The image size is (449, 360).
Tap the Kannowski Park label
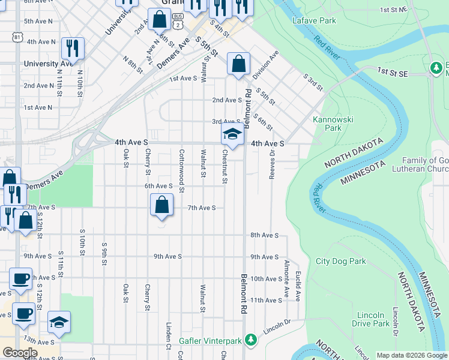(x=327, y=124)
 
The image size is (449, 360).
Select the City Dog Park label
(x=341, y=261)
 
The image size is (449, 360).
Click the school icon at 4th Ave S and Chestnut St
(x=232, y=135)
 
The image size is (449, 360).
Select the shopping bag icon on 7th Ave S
(x=162, y=205)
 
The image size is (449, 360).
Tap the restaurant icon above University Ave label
(x=73, y=48)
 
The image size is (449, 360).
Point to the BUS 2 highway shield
(x=177, y=22)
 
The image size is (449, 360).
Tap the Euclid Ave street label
(x=298, y=286)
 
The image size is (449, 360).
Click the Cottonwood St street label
(x=181, y=168)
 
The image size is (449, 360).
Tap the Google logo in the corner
(x=20, y=353)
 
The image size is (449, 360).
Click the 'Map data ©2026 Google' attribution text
(x=412, y=355)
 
